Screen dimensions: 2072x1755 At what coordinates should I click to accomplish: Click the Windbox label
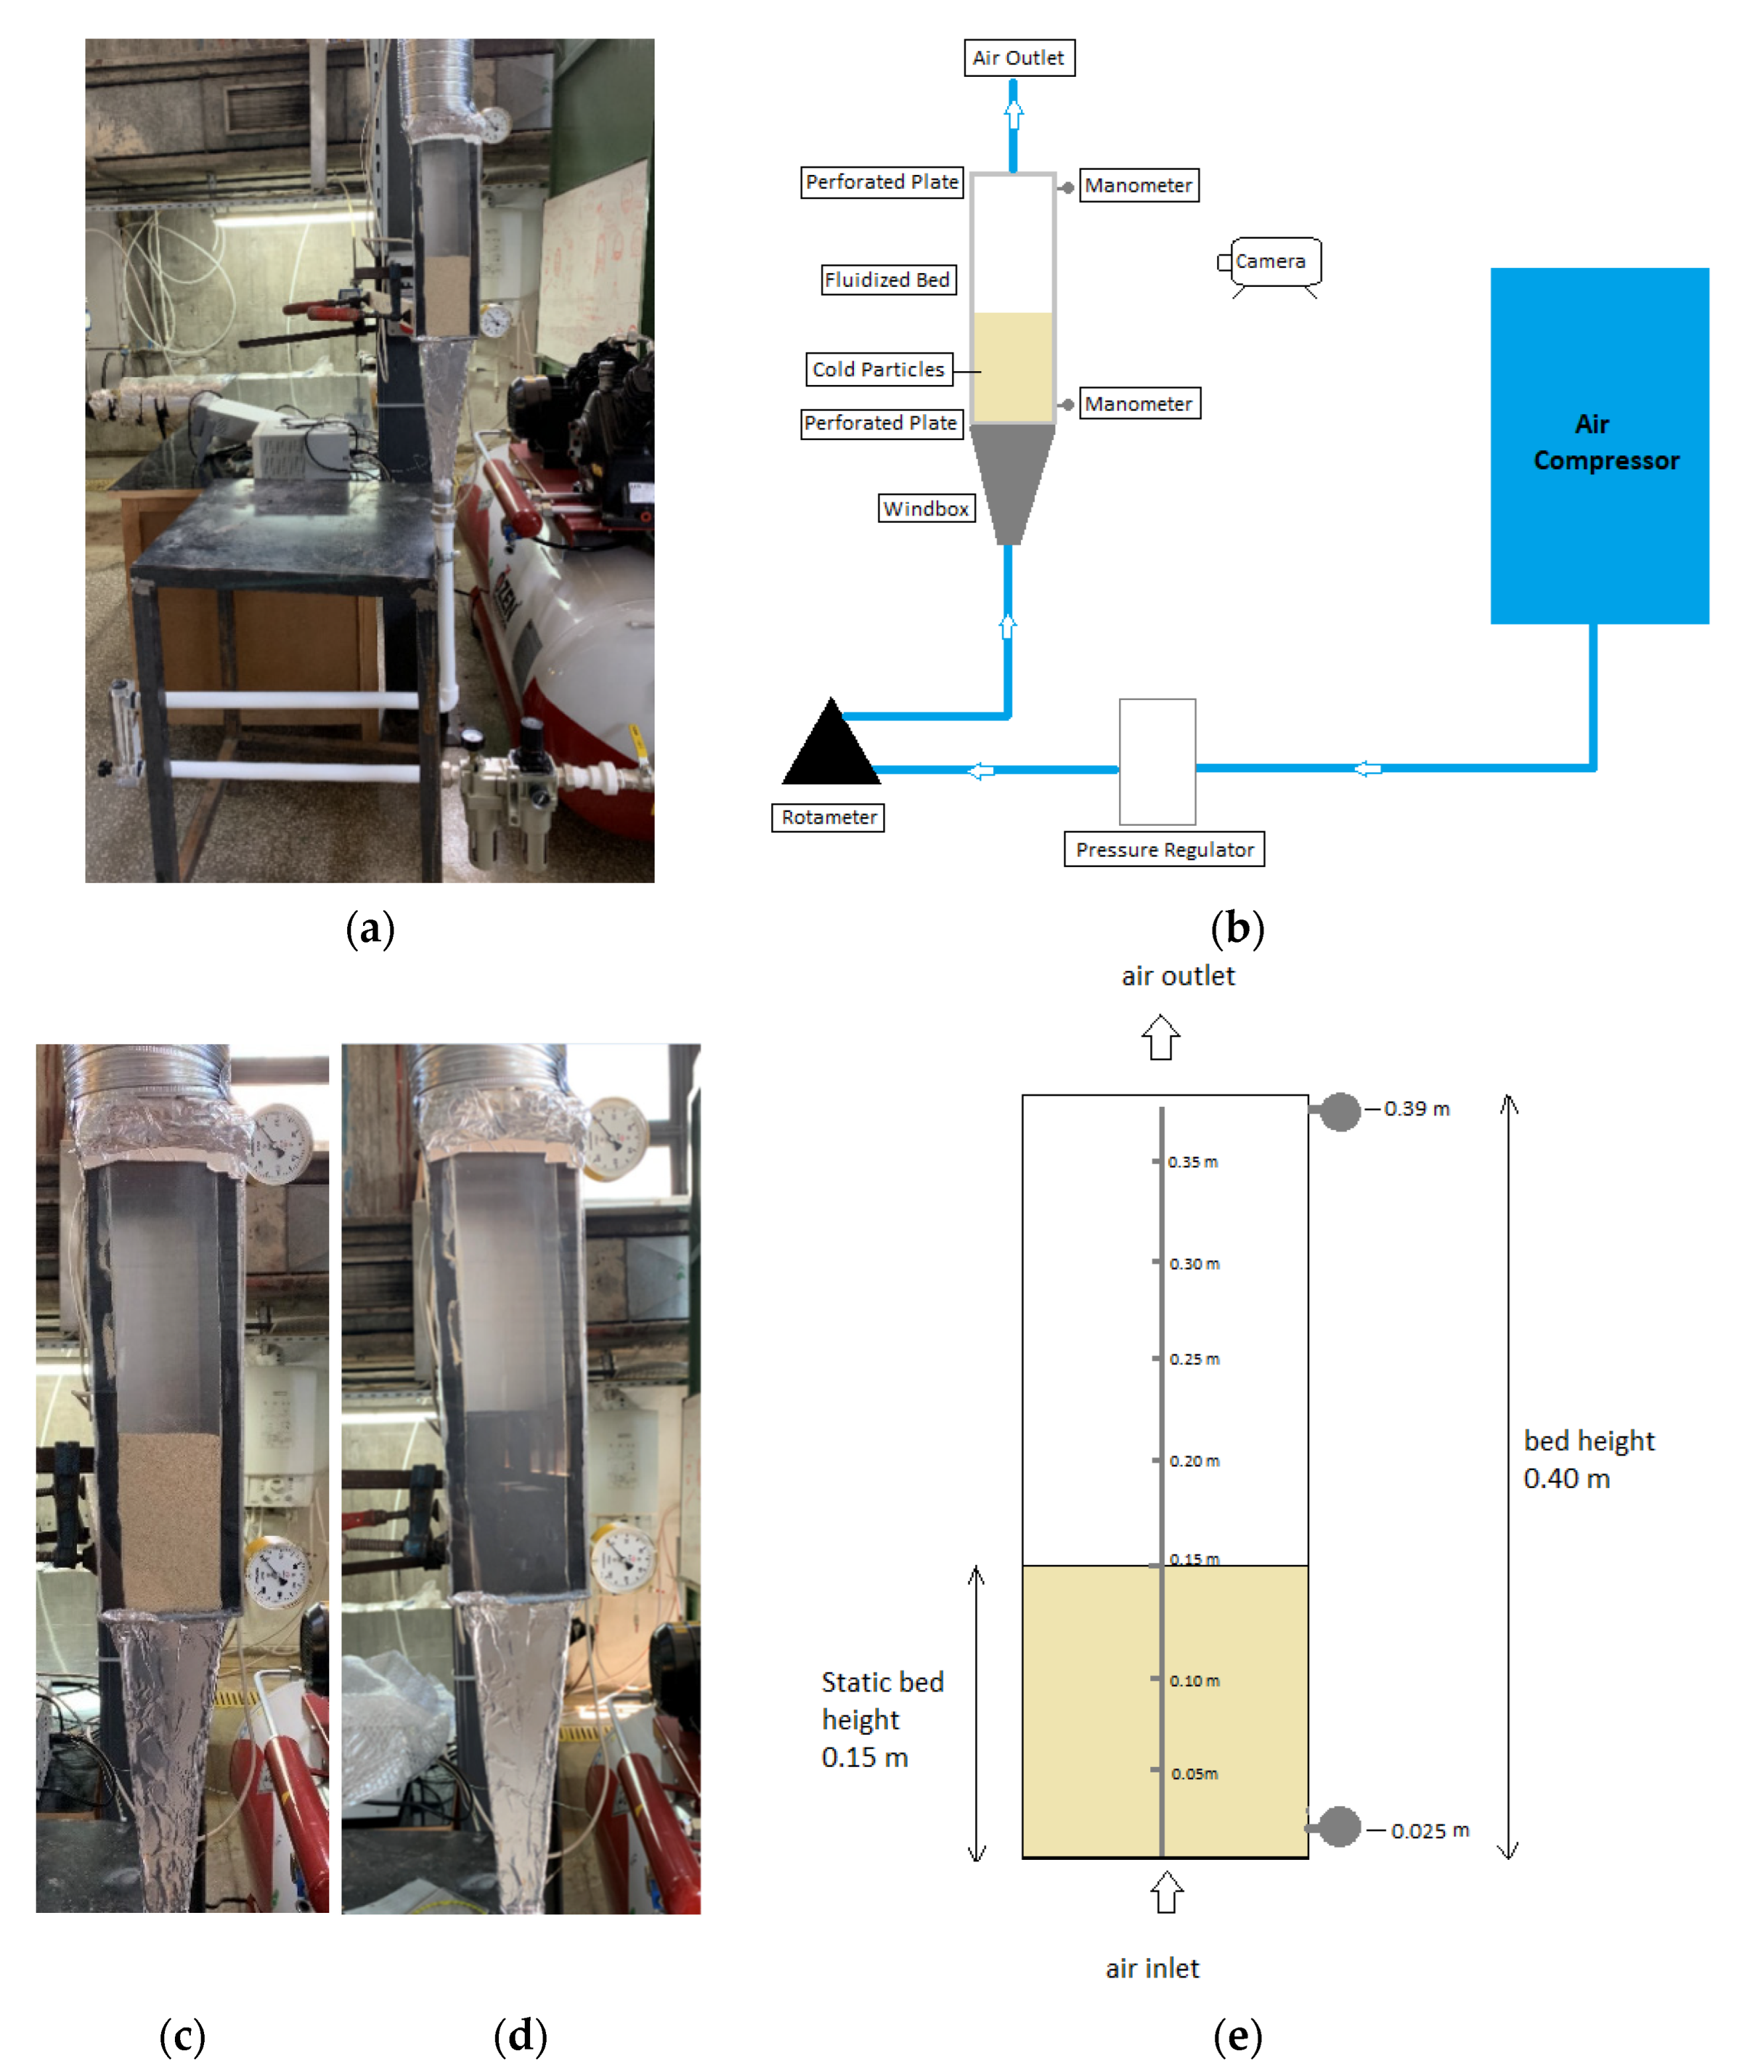click(926, 508)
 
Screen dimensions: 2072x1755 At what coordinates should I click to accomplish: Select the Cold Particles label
click(877, 369)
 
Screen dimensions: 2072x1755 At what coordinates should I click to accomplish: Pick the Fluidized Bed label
click(888, 280)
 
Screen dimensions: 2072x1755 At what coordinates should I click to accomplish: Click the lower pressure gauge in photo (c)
click(276, 1572)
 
